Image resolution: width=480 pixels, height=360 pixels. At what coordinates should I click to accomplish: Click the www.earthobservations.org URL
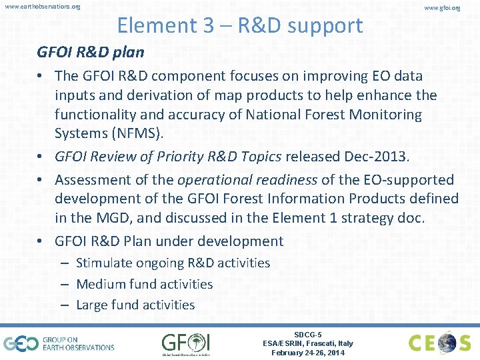pyautogui.click(x=42, y=7)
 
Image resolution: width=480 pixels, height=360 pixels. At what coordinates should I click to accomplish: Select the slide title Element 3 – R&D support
pyautogui.click(x=240, y=25)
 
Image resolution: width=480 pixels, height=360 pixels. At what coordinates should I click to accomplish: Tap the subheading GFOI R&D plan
pyautogui.click(x=91, y=53)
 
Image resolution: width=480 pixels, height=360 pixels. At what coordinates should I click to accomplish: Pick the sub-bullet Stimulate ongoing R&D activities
pyautogui.click(x=173, y=263)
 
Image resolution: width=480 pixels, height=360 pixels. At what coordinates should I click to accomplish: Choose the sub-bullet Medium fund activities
pyautogui.click(x=144, y=284)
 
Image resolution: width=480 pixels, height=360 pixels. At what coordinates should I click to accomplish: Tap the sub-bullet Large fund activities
pyautogui.click(x=135, y=305)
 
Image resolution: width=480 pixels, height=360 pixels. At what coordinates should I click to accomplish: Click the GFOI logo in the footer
pyautogui.click(x=185, y=343)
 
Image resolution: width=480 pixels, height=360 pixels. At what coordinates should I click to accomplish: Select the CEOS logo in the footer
pyautogui.click(x=439, y=343)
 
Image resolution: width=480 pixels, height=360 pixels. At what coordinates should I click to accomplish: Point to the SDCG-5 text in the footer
pyautogui.click(x=308, y=335)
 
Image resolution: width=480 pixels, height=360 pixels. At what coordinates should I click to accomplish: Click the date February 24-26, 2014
pyautogui.click(x=308, y=353)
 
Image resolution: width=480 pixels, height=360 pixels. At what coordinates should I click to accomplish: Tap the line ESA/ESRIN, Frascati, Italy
pyautogui.click(x=308, y=343)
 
